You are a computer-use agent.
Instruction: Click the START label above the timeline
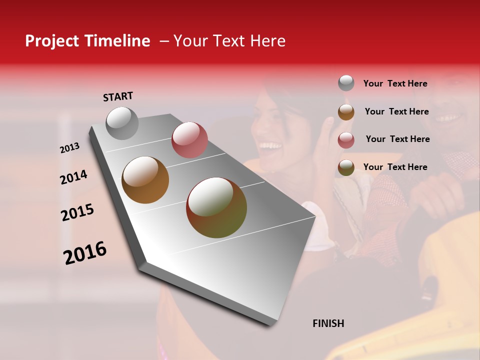[118, 96]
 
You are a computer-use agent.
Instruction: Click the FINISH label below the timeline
[328, 323]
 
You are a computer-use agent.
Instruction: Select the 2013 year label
[69, 148]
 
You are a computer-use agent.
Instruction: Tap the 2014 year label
[73, 177]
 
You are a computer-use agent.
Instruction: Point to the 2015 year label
[77, 212]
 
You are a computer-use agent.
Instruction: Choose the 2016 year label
[85, 252]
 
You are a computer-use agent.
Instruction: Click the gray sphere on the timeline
[122, 123]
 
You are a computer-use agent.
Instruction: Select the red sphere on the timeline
[189, 140]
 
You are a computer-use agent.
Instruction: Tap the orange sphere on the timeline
[145, 180]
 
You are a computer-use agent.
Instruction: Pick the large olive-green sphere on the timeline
[216, 207]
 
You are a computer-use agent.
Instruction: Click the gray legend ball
[346, 83]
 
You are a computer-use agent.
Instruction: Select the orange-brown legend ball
[346, 111]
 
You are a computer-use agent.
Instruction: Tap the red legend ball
[346, 139]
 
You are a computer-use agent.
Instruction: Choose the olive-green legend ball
[346, 167]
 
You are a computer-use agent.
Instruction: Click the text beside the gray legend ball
[395, 83]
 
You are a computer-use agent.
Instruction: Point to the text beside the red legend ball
[397, 139]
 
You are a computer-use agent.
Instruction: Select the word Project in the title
[51, 41]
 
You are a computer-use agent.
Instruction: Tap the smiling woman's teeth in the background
[270, 146]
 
